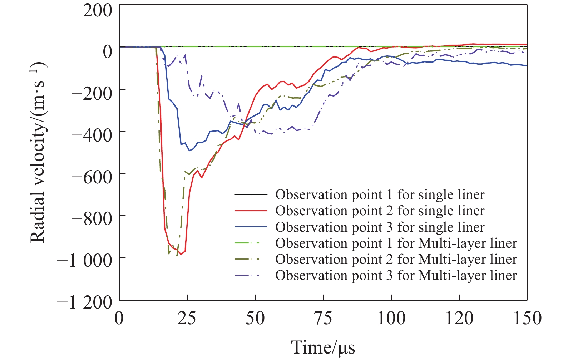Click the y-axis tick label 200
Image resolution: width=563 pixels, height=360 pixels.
[97, 10]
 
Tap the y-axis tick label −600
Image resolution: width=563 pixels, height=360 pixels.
[92, 176]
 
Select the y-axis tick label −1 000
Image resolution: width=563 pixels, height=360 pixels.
[85, 260]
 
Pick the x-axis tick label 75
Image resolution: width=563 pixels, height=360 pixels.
[323, 318]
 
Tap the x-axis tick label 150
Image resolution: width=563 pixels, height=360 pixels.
[527, 318]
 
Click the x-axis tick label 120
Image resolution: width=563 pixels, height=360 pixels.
[459, 318]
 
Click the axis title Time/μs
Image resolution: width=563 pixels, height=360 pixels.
[323, 347]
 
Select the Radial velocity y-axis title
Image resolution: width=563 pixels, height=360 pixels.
[38, 152]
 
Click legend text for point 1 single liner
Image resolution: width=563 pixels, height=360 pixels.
[380, 195]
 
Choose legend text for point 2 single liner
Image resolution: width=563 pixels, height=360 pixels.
[380, 211]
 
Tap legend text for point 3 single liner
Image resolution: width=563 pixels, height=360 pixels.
[380, 227]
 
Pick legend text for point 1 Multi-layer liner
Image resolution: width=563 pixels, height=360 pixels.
[396, 243]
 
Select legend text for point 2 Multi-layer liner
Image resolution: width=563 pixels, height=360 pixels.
[396, 260]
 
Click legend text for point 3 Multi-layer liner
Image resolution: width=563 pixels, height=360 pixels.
[396, 276]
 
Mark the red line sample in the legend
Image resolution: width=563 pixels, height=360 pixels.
[251, 211]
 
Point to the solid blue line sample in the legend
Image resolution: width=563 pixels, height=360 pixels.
[251, 227]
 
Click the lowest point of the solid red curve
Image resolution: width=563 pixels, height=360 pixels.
[181, 254]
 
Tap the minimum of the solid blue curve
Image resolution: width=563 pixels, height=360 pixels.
[189, 151]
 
